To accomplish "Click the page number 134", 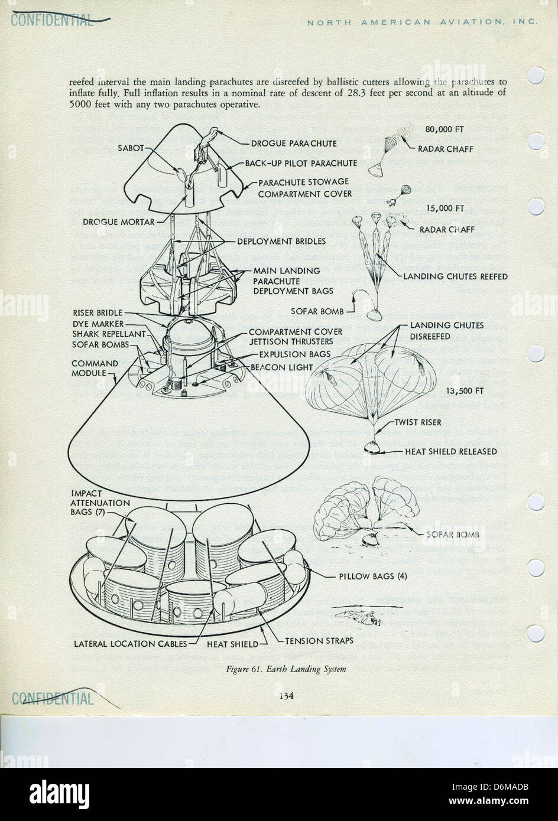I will (287, 695).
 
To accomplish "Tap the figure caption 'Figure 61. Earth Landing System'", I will (286, 669).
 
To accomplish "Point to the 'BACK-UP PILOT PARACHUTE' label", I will (301, 163).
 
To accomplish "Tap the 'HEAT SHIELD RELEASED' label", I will (450, 452).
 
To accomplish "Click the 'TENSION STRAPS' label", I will (320, 641).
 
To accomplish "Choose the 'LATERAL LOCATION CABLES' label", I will (131, 644).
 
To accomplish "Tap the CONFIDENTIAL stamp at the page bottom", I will (53, 699).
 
